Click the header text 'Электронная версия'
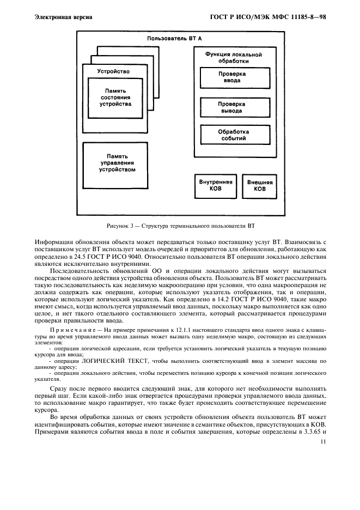(x=63, y=17)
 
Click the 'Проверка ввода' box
(x=232, y=77)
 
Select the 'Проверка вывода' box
(x=232, y=107)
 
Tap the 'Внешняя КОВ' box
(x=260, y=186)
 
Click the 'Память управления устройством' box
(x=117, y=163)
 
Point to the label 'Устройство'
(x=113, y=71)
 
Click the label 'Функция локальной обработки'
(x=233, y=58)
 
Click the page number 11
(x=323, y=443)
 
